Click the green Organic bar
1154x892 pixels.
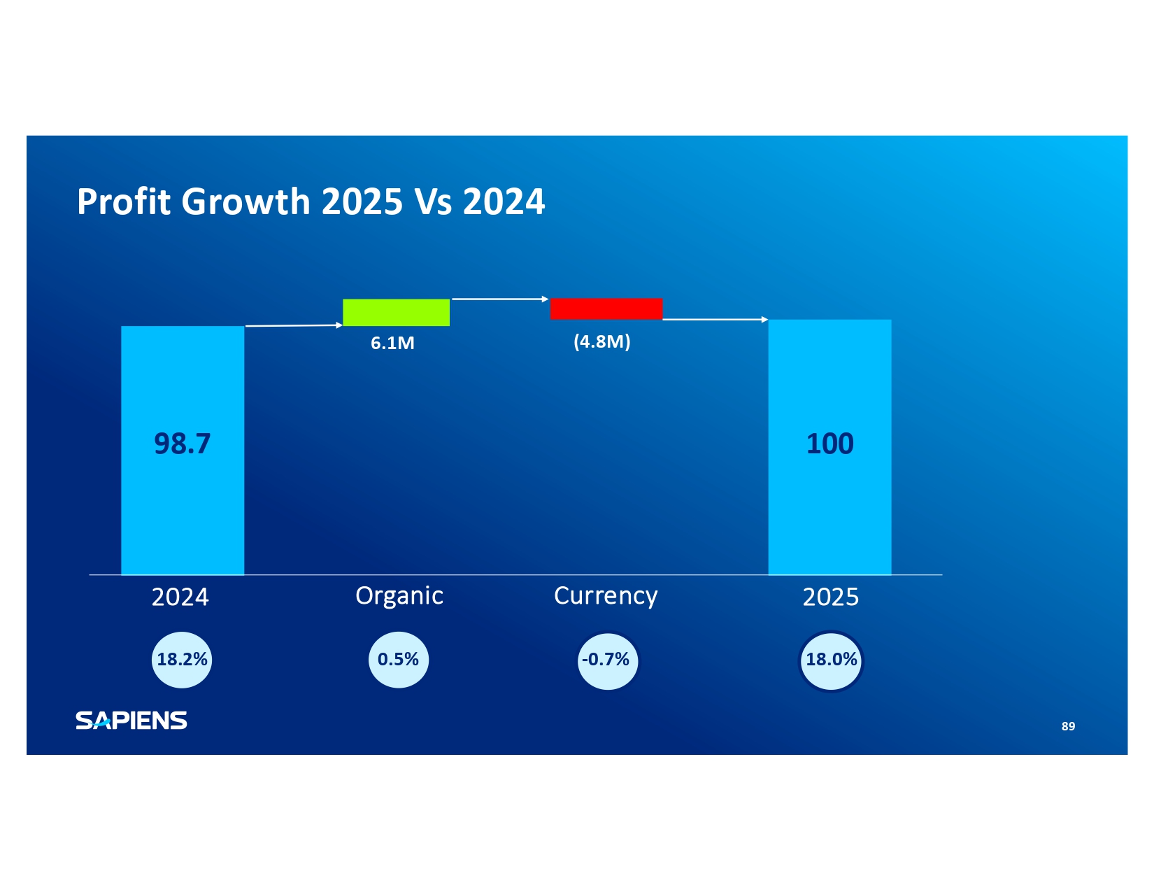[396, 312]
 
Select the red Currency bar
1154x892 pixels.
[606, 309]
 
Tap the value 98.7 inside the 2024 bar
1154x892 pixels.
[182, 444]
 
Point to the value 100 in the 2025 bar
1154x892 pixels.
[829, 444]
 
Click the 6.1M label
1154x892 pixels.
[392, 343]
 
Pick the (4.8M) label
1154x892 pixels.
[601, 341]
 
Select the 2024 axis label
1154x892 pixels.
[180, 597]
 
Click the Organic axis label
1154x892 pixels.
[399, 595]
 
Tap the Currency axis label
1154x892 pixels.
[606, 595]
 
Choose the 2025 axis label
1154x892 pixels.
[830, 597]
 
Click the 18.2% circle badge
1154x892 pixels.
[182, 660]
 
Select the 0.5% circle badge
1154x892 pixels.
[398, 660]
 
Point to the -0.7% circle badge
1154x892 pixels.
[607, 660]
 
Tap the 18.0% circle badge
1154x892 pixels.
[831, 660]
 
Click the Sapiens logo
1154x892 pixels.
[131, 720]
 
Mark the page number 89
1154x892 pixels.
[1068, 726]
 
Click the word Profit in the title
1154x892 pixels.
[124, 201]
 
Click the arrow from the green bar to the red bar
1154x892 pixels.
[500, 299]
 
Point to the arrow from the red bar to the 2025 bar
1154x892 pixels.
[715, 319]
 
